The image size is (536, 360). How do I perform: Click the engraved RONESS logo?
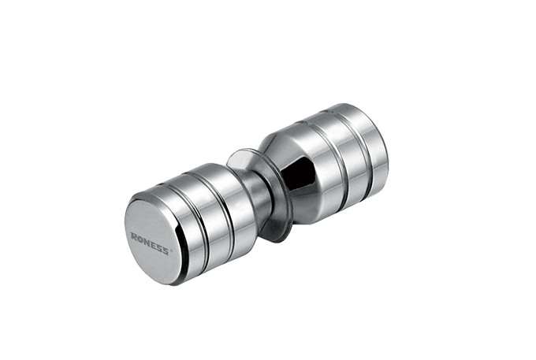[x=150, y=243]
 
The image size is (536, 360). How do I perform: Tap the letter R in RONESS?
[x=134, y=236]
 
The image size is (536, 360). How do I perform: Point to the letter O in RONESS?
[x=140, y=239]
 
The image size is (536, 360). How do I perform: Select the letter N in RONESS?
[x=147, y=242]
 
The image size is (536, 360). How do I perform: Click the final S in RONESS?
[x=165, y=251]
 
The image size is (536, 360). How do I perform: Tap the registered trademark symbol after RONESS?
[x=171, y=251]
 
